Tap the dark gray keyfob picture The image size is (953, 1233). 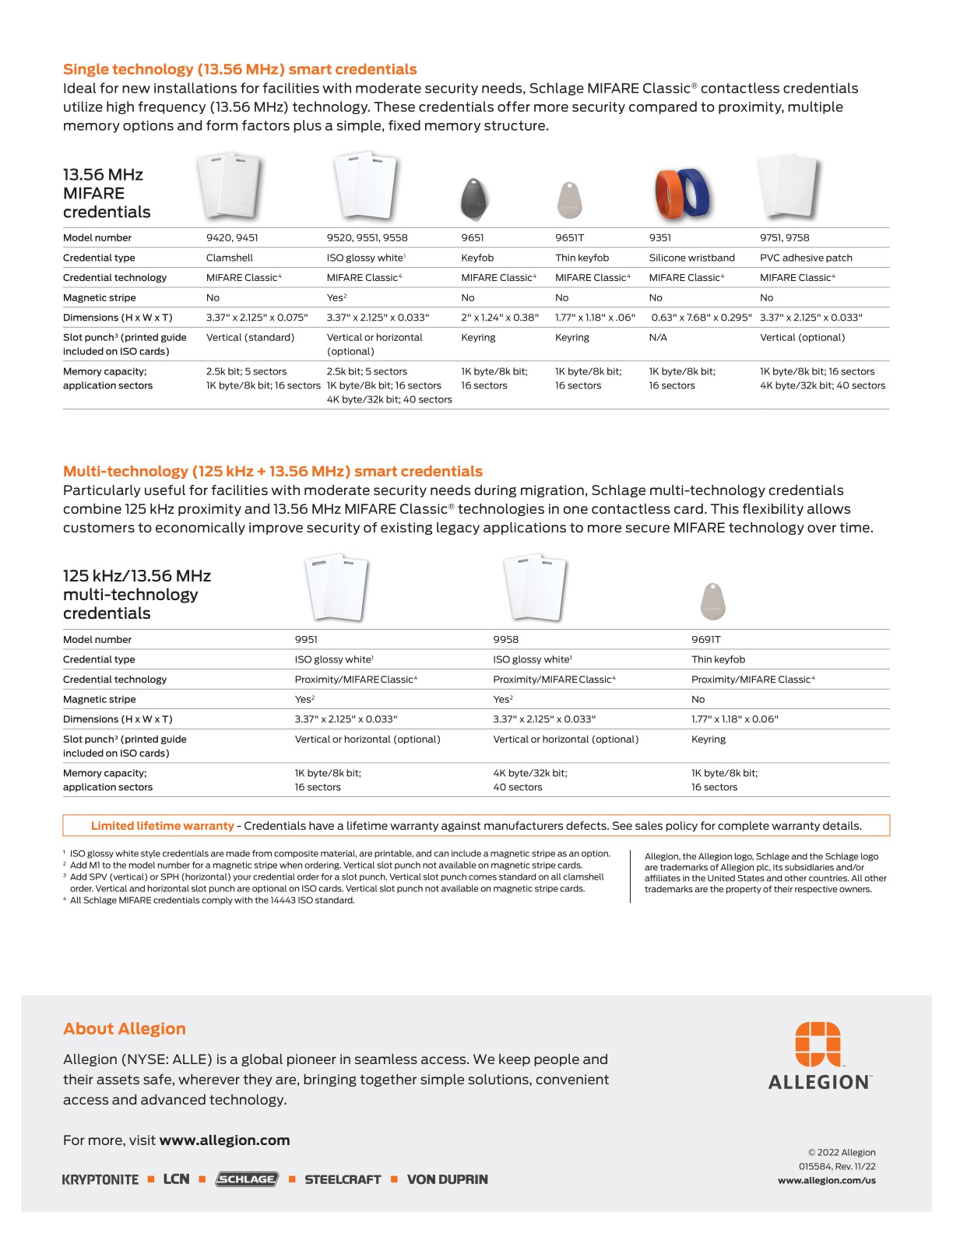475,198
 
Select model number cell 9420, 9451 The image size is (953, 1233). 232,237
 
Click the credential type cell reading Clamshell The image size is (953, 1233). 229,258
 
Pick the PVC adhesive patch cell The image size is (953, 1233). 806,258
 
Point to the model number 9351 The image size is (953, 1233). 659,237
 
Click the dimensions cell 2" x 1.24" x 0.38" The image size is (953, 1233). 499,318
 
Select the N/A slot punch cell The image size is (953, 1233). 658,337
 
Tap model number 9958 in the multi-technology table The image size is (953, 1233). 505,639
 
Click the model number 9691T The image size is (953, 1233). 705,639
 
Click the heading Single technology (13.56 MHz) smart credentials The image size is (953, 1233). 240,69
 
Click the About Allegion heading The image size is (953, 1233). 125,1028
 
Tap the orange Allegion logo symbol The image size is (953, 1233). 818,1044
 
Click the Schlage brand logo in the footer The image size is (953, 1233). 246,1179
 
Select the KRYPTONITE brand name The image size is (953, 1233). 100,1179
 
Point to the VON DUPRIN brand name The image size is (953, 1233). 447,1179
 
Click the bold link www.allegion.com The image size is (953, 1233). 224,1140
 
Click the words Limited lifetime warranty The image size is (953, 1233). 162,826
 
